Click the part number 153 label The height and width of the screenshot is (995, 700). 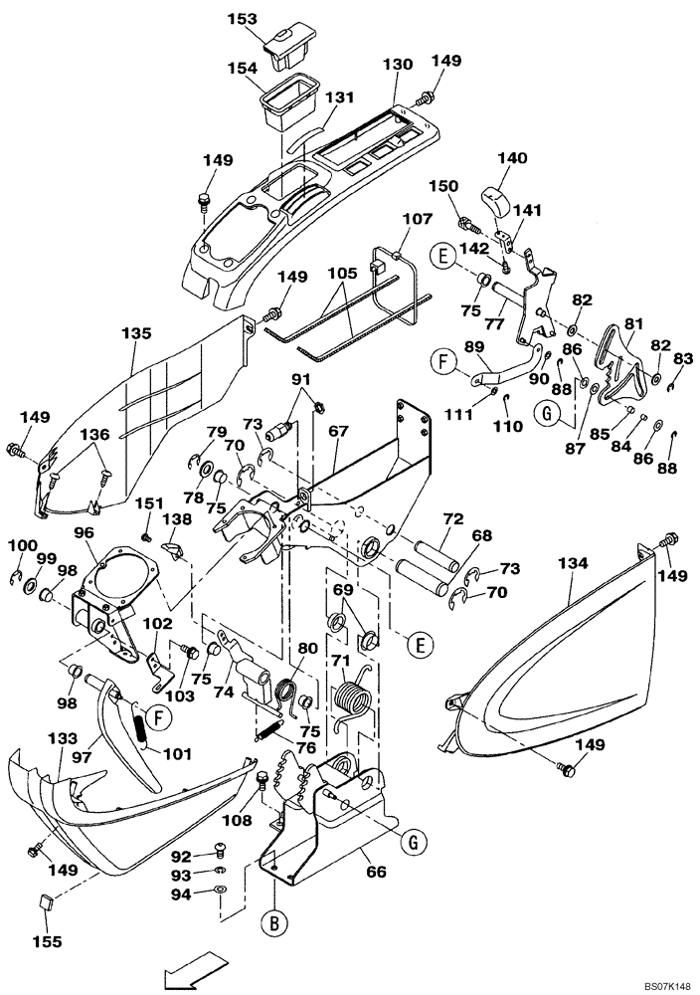click(x=242, y=19)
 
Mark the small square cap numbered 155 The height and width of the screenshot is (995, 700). click(x=44, y=902)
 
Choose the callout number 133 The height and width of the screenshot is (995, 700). click(x=62, y=739)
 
